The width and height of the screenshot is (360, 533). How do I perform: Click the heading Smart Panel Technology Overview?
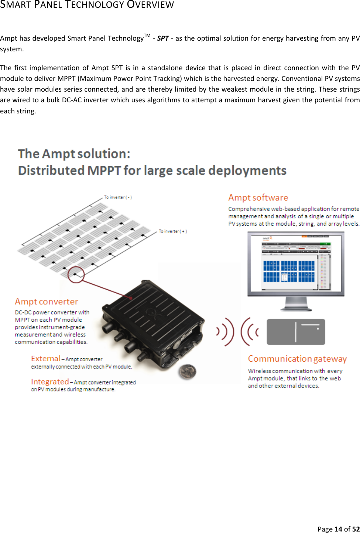87,5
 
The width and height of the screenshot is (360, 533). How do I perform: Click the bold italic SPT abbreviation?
163,38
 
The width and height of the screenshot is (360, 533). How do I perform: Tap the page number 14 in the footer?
338,529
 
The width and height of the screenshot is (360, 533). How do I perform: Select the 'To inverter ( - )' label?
118,197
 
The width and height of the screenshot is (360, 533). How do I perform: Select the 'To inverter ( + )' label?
173,231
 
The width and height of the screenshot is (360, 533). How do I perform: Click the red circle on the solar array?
76,274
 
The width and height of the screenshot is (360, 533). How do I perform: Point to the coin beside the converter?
187,371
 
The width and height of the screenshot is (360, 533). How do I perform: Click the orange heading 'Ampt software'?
258,198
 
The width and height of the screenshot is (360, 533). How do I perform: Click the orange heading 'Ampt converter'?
47,302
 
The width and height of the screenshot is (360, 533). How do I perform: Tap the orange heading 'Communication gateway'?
297,359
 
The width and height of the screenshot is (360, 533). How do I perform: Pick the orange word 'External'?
46,358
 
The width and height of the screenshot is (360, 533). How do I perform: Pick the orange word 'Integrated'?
50,382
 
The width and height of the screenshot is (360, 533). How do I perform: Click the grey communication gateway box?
296,332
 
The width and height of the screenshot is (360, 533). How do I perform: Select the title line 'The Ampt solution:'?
74,154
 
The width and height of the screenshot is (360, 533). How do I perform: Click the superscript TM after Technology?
147,35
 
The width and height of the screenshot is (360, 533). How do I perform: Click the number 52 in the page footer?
356,529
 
